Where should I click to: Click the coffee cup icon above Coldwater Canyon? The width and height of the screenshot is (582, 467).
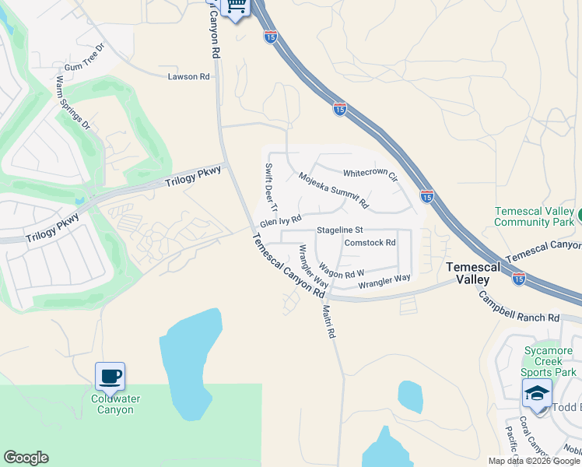coord(110,377)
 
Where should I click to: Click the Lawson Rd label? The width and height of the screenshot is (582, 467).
coord(189,76)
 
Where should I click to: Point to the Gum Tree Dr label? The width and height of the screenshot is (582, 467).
coord(84,68)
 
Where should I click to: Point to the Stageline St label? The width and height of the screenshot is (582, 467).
coord(340,230)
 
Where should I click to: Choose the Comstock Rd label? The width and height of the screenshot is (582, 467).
coord(370,242)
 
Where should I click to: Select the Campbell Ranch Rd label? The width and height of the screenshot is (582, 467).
coord(518,308)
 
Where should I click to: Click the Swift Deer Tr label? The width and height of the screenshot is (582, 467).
coord(270,188)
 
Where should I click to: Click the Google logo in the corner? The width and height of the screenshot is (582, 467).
coord(26,458)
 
